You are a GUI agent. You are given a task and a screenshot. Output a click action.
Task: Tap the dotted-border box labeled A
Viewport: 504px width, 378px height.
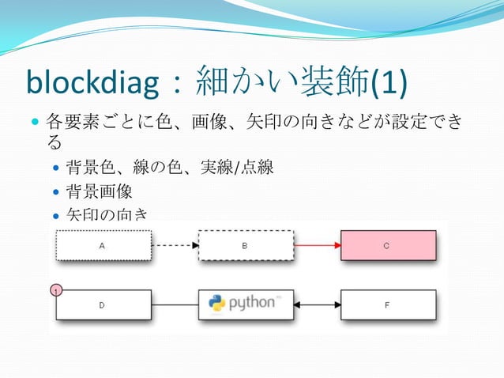click(x=103, y=245)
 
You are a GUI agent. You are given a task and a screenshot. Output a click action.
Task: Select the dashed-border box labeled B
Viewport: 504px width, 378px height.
click(x=246, y=245)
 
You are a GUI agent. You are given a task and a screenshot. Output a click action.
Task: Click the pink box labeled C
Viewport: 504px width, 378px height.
click(x=388, y=245)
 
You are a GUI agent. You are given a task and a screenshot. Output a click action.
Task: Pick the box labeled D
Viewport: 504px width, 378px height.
click(x=103, y=304)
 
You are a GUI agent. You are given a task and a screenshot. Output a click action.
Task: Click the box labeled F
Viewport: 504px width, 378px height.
click(x=388, y=304)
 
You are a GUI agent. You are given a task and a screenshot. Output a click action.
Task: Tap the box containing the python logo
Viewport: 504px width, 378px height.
click(x=246, y=304)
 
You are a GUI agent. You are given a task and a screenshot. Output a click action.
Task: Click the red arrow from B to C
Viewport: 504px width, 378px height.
click(x=317, y=245)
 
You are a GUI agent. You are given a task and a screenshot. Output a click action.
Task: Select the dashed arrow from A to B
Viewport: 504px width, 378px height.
click(x=175, y=245)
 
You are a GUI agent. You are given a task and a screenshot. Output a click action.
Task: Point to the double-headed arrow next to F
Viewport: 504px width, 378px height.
click(x=317, y=304)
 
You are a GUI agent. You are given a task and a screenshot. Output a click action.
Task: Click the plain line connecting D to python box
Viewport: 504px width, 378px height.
click(x=175, y=304)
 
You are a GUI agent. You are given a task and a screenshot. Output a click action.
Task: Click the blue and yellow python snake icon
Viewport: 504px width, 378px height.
click(x=217, y=304)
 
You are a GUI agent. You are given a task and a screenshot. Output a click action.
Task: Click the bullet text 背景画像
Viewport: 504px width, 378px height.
click(x=99, y=191)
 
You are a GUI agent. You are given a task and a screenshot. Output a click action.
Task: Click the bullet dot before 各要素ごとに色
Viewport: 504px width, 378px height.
click(x=34, y=123)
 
